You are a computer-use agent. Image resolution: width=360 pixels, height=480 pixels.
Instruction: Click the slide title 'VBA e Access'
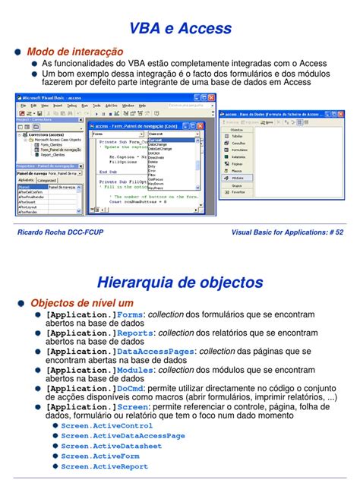[180, 28]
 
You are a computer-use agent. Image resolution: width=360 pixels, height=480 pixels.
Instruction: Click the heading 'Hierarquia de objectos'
[180, 283]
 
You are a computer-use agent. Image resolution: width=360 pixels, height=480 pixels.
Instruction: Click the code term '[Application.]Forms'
[94, 314]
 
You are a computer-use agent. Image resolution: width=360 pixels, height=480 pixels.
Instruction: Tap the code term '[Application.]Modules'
[99, 370]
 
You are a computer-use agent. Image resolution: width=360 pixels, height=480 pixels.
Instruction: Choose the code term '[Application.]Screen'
[96, 407]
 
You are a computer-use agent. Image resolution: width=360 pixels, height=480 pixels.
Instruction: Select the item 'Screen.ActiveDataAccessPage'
[123, 436]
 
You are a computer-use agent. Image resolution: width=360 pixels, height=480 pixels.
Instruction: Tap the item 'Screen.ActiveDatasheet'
[111, 446]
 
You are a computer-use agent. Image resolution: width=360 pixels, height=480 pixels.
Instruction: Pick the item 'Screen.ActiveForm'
[99, 456]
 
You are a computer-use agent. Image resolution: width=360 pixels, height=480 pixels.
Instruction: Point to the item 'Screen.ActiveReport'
[104, 466]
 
